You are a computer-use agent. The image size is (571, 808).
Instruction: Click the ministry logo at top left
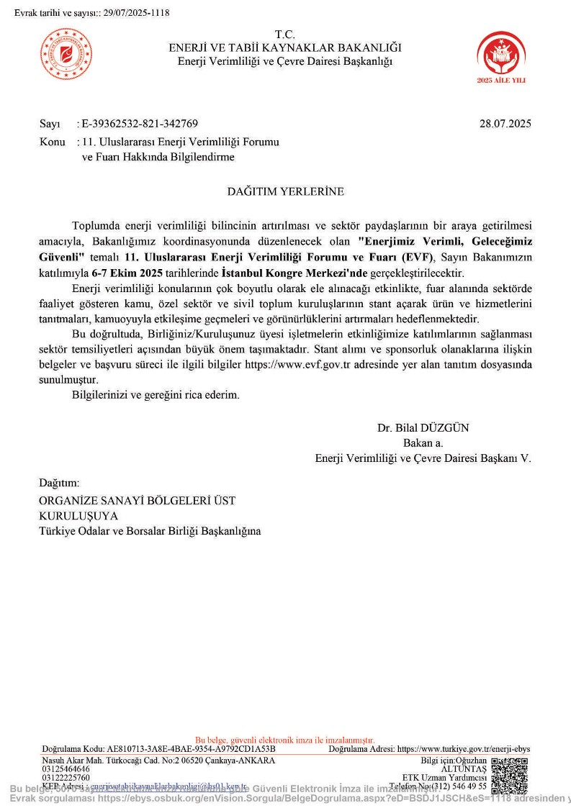pyautogui.click(x=66, y=54)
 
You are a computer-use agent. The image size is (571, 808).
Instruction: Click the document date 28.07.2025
pyautogui.click(x=505, y=123)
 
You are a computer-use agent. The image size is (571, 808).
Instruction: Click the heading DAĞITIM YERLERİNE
pyautogui.click(x=286, y=191)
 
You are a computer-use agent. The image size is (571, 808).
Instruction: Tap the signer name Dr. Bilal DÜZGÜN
pyautogui.click(x=423, y=427)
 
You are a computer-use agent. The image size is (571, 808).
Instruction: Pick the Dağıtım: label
pyautogui.click(x=59, y=483)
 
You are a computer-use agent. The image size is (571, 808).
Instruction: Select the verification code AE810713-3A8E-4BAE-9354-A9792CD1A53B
pyautogui.click(x=191, y=749)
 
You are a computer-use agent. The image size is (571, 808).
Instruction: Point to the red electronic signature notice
pyautogui.click(x=285, y=740)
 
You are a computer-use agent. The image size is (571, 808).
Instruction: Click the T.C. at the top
pyautogui.click(x=285, y=35)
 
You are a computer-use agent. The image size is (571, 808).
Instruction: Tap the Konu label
pyautogui.click(x=53, y=142)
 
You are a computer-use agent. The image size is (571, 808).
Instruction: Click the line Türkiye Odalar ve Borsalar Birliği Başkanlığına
pyautogui.click(x=150, y=531)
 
